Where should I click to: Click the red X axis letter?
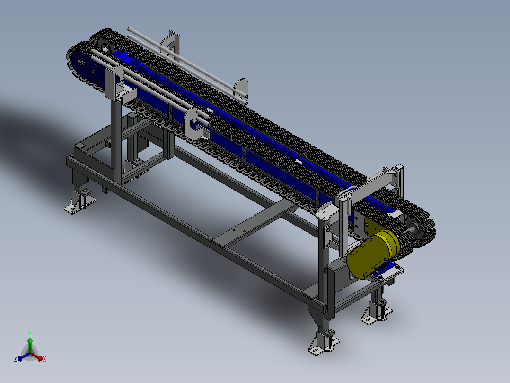tap(44, 359)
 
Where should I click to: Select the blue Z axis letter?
tap(15, 358)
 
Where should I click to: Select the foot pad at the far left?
tap(79, 203)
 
